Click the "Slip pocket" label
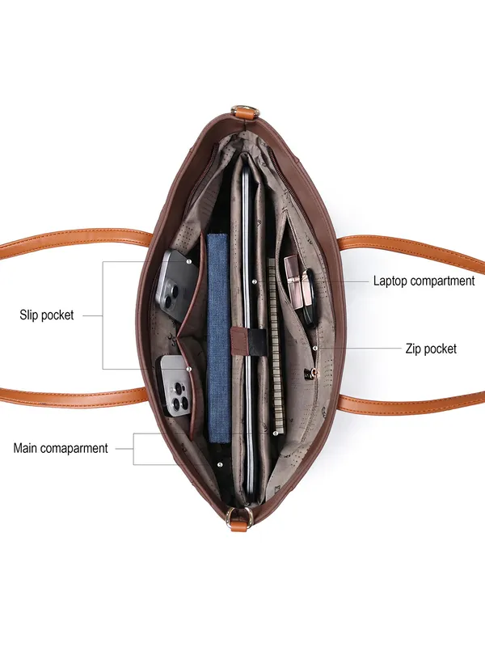pos(47,315)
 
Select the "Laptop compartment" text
pos(424,281)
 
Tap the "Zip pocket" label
pos(431,349)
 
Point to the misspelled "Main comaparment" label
pos(61,448)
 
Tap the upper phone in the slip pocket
pos(176,285)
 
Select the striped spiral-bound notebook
pos(276,347)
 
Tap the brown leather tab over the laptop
pos(239,340)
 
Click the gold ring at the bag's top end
pos(246,112)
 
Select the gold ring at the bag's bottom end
pos(239,515)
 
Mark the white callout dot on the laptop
pos(254,281)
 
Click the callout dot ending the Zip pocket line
pos(315,349)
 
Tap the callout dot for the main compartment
pos(220,464)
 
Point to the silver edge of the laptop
pos(247,330)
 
